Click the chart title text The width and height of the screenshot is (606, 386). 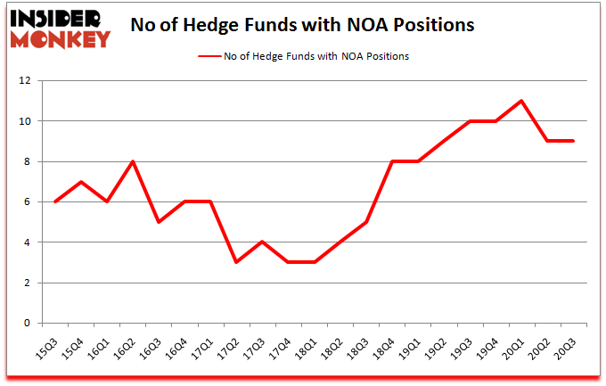[x=302, y=25]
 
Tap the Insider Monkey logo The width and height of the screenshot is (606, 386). [x=59, y=29]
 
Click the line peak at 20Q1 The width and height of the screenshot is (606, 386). [x=521, y=101]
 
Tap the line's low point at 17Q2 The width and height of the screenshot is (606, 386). [x=236, y=262]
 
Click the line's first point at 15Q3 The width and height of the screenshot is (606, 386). [x=55, y=201]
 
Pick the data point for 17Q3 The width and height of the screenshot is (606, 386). [x=262, y=242]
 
